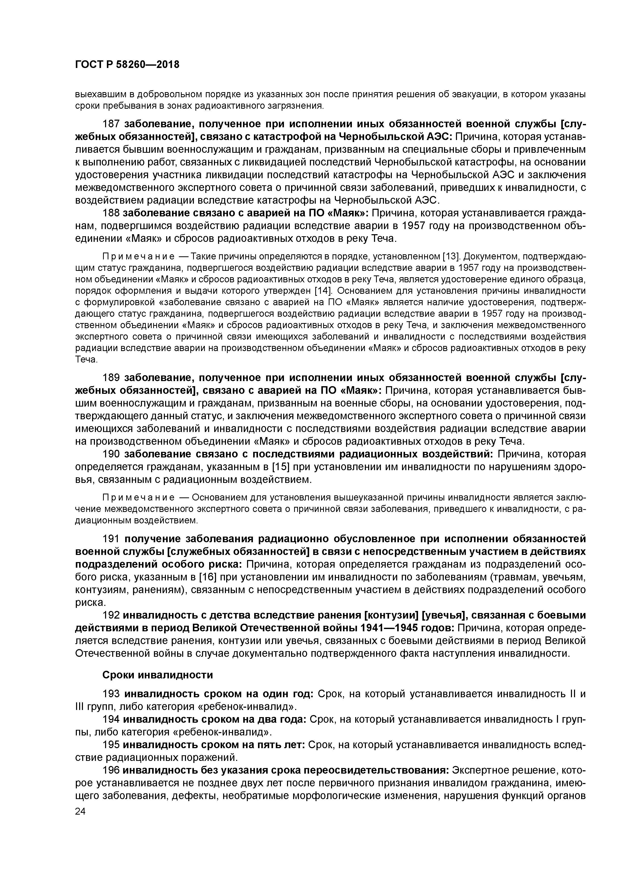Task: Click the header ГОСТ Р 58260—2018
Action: click(x=127, y=65)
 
